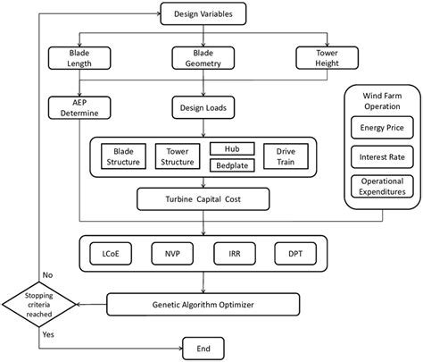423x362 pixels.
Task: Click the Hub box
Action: tap(231, 147)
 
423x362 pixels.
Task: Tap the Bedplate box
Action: tap(231, 165)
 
